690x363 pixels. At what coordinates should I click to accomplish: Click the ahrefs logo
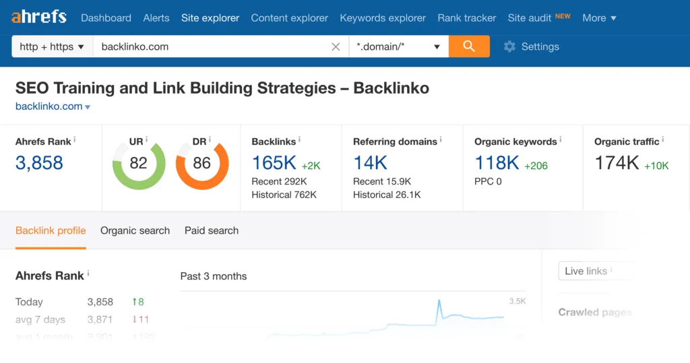tap(39, 17)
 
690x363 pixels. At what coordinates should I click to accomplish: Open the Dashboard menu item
tap(106, 18)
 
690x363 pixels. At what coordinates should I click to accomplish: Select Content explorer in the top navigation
tap(289, 18)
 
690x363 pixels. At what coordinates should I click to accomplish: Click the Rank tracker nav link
tap(466, 18)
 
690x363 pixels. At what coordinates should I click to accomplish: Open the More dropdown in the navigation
tap(599, 18)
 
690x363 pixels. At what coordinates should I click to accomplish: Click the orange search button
tap(469, 46)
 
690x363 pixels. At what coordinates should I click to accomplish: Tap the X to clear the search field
tap(336, 47)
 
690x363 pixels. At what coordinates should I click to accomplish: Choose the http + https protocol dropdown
tap(52, 47)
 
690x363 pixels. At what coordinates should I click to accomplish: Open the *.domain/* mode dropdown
tap(398, 47)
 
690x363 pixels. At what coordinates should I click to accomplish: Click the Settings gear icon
tap(509, 46)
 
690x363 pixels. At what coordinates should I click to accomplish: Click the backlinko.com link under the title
tap(49, 106)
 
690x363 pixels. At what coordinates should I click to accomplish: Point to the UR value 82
tap(138, 163)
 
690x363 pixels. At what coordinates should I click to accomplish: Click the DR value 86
tap(201, 163)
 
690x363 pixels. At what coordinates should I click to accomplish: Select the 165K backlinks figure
tap(274, 163)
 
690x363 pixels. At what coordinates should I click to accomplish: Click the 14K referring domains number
tap(370, 163)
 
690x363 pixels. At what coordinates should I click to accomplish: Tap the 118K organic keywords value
tap(497, 163)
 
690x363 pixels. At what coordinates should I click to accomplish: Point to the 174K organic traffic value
tap(617, 163)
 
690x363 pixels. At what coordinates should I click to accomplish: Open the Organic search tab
tap(135, 230)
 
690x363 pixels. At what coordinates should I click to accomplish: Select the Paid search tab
tap(212, 230)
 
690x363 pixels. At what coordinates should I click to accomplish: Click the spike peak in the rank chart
tap(439, 301)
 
